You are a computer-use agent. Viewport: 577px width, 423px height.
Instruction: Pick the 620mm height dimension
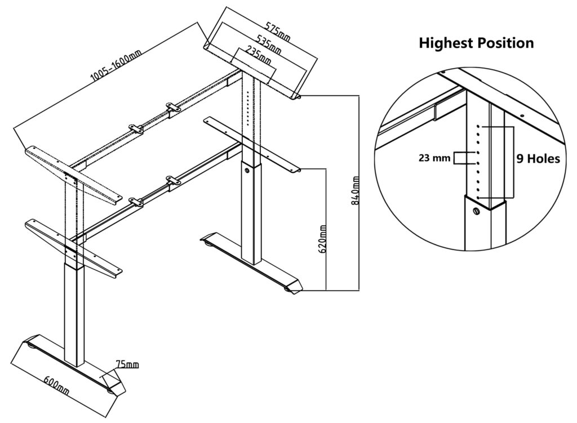[323, 239]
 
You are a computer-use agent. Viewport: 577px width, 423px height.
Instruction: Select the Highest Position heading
[476, 43]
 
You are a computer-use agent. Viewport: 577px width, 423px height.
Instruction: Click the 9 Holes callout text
[538, 159]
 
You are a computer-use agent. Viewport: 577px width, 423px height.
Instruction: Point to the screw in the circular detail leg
[476, 211]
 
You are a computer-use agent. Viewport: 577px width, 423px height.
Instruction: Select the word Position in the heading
[505, 43]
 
